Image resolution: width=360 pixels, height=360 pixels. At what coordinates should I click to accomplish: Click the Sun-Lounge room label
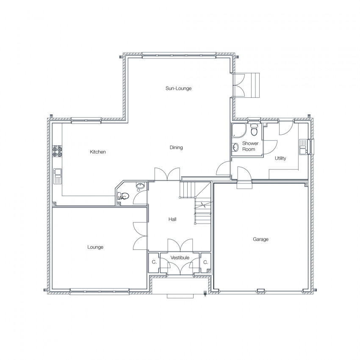[178, 89]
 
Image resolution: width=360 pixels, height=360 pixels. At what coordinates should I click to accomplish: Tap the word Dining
[176, 148]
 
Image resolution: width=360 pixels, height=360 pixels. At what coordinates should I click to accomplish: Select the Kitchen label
[97, 152]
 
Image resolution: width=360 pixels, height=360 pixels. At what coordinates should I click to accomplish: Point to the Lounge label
[95, 247]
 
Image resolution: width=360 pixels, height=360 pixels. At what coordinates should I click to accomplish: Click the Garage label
[260, 239]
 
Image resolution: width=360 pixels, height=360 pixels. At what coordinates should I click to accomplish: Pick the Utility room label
[280, 158]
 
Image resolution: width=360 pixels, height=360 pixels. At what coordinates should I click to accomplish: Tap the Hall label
[172, 219]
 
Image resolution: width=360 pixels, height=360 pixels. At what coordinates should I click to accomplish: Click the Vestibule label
[180, 258]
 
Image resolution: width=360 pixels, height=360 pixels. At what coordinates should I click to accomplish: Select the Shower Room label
[250, 146]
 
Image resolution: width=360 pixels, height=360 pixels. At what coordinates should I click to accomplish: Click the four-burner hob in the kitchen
[58, 151]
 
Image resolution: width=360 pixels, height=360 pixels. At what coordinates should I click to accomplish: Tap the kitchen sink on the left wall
[58, 176]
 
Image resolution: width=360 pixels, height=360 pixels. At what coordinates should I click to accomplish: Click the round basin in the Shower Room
[236, 147]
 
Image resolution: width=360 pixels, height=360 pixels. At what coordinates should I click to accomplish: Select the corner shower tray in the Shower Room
[239, 130]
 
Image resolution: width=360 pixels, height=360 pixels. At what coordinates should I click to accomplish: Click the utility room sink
[303, 147]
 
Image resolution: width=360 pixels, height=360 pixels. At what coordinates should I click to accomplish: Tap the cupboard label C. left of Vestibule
[154, 262]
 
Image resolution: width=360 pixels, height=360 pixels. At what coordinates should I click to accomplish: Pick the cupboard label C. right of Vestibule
[206, 262]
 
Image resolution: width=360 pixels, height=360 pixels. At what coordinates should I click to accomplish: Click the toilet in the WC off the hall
[123, 196]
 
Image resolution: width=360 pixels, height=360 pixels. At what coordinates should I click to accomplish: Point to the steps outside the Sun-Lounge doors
[252, 85]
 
